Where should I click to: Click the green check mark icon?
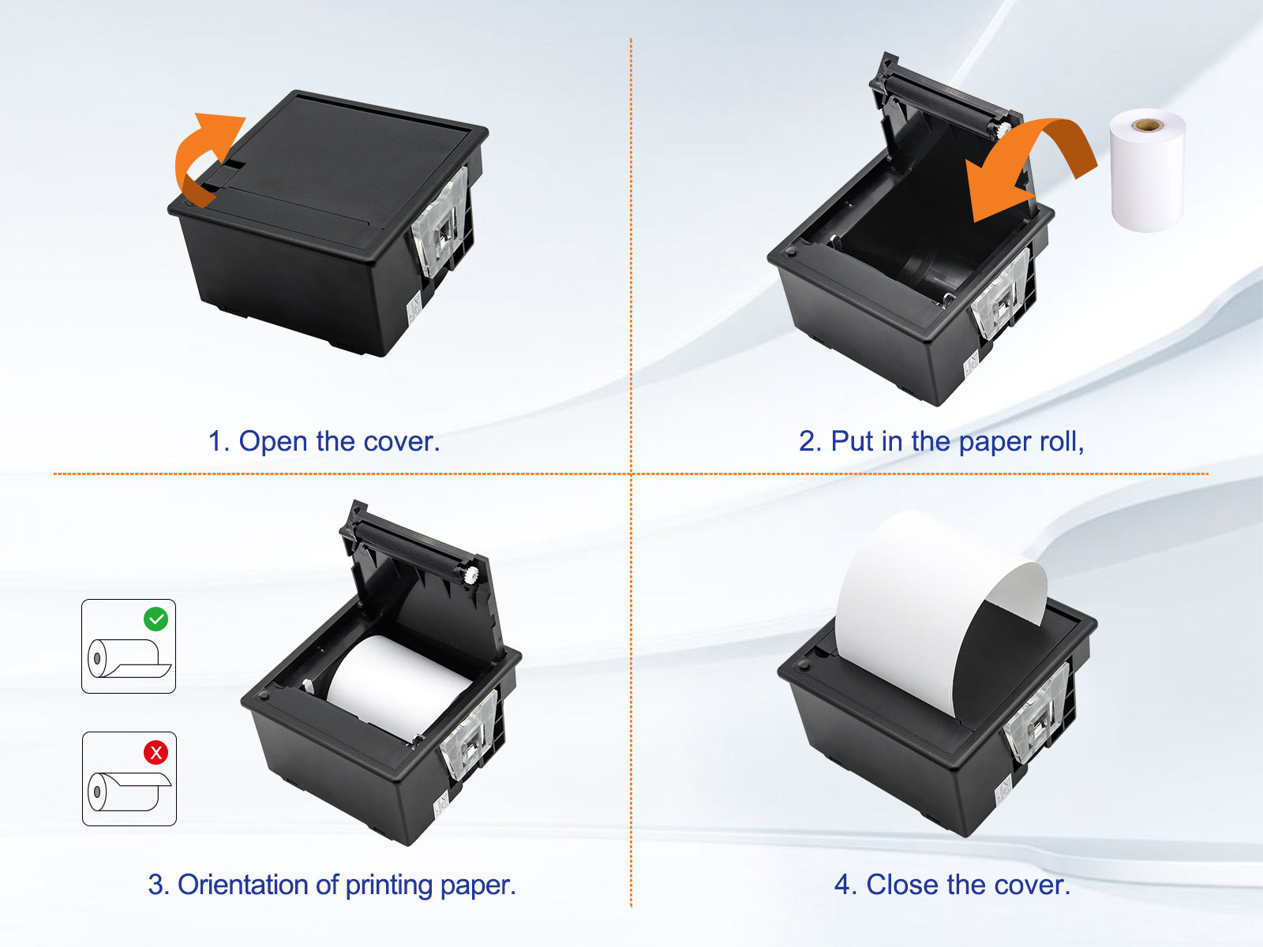156,619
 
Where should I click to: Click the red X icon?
156,752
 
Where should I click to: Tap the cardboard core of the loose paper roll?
1147,125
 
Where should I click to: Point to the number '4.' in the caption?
846,885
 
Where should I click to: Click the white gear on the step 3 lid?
471,574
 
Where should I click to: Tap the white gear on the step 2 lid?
1003,128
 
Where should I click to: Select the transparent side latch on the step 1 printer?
441,223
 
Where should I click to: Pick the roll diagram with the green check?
129,646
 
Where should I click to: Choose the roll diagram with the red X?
129,779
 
